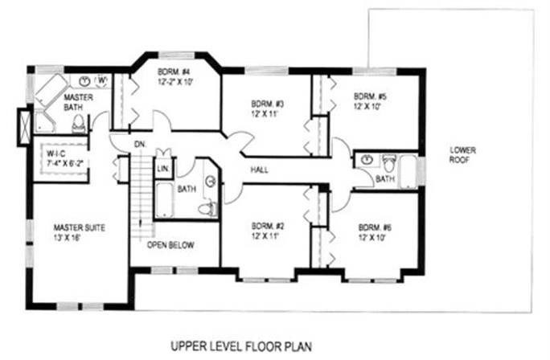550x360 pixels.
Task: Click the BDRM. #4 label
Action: (174, 73)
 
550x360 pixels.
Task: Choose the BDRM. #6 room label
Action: (375, 227)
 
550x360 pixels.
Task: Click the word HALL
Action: (260, 170)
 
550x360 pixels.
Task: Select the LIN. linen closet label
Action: (162, 168)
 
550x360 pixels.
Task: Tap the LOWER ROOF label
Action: (463, 154)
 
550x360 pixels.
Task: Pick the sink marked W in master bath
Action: (102, 80)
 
